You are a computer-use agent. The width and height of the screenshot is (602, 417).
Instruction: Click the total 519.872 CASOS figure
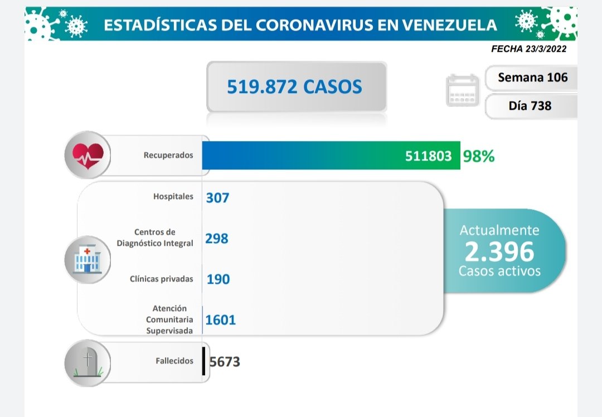point(294,86)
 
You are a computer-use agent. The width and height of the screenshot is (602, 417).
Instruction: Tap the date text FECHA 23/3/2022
point(528,49)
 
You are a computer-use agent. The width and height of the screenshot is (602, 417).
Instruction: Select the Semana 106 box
point(532,77)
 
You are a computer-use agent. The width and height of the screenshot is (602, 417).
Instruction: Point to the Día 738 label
point(530,105)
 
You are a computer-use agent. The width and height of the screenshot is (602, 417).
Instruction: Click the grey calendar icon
point(463,90)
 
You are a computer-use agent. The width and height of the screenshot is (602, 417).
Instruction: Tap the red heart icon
point(88,154)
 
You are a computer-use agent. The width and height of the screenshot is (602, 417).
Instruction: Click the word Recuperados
point(168,155)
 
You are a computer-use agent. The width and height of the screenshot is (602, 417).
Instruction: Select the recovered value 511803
point(428,156)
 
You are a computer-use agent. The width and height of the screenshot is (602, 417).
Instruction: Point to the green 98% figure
point(478,156)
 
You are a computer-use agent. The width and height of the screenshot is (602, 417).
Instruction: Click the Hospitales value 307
point(217,197)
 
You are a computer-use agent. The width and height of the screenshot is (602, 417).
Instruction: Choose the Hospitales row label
point(173,196)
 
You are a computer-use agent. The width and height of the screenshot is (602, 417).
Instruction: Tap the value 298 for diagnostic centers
point(217,238)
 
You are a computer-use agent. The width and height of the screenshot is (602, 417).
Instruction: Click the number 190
point(218,279)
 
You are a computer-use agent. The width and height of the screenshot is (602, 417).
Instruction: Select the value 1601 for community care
point(220,319)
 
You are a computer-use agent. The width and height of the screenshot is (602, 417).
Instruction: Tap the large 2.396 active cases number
point(499,252)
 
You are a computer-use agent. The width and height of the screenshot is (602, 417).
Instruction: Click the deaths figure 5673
point(225,362)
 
